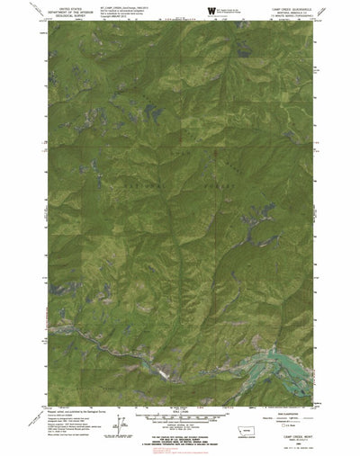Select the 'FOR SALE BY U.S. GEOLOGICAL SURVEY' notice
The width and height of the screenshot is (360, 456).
point(180,433)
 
